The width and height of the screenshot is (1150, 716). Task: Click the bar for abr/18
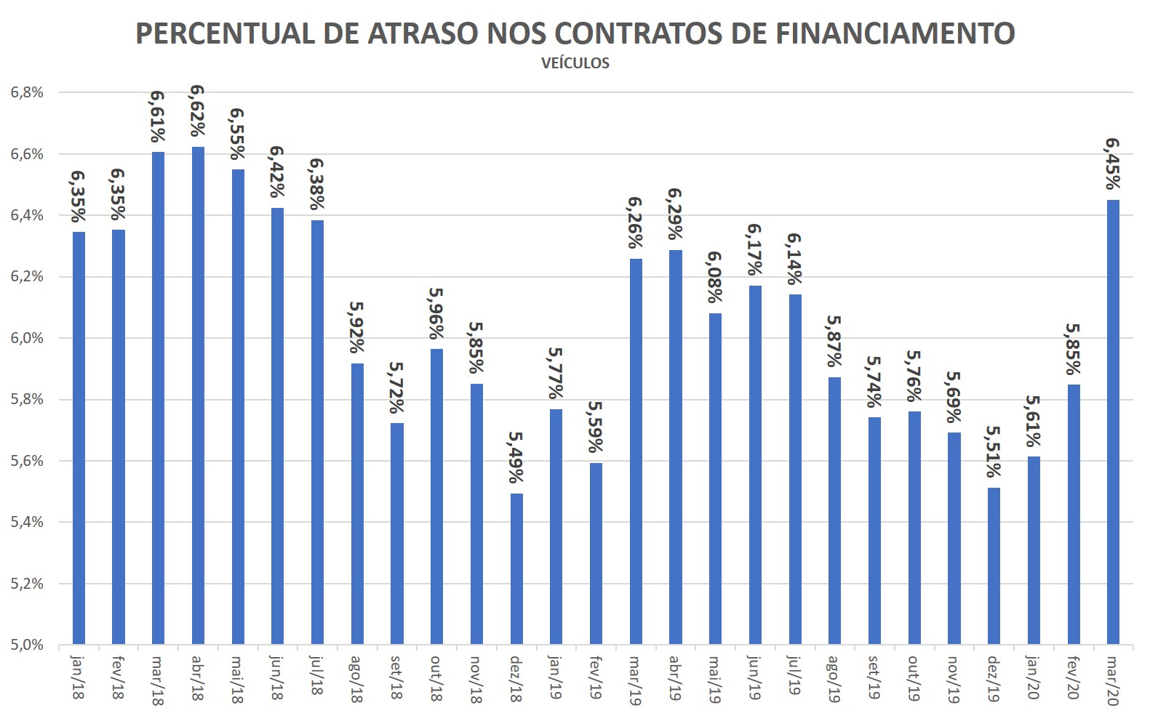point(198,395)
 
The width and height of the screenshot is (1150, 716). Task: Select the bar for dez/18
point(516,568)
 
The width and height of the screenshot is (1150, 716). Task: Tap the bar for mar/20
point(1113,422)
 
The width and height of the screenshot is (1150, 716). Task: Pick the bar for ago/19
point(834,510)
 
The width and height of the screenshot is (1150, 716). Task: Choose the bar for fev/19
point(596,553)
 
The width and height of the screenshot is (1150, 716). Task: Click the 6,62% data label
point(197,111)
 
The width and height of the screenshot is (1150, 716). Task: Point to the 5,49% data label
point(516,457)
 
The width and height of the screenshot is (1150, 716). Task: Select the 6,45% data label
point(1112,164)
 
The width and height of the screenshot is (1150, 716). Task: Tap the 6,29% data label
point(675,214)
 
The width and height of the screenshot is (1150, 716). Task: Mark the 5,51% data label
point(993,451)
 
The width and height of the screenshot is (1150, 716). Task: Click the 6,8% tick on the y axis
point(27,92)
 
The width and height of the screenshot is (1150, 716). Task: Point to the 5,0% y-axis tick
point(27,645)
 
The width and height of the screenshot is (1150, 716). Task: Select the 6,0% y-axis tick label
point(27,338)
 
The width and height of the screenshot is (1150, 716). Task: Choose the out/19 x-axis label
point(914,677)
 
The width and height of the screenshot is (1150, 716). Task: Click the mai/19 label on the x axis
point(714,678)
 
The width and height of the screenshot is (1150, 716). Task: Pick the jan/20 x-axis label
point(1033,677)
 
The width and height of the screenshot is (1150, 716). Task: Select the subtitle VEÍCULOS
point(575,63)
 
